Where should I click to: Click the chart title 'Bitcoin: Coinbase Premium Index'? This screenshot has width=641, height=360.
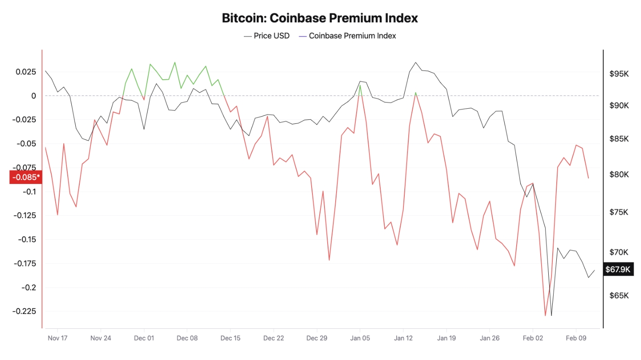pos(320,18)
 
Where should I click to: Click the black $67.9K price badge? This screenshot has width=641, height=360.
pos(618,269)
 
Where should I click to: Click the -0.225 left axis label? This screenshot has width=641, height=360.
pos(26,311)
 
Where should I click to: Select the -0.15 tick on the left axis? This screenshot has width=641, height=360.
pos(28,239)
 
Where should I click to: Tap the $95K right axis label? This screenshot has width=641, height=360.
pos(619,74)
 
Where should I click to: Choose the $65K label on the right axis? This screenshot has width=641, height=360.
pos(619,296)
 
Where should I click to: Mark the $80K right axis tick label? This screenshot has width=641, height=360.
pos(619,174)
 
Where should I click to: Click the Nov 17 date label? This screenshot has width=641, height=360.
pos(57,338)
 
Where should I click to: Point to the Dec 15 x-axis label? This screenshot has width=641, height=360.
pos(230,338)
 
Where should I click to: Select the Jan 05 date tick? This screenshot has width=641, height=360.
pos(360,338)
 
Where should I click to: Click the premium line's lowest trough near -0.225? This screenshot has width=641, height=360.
pos(545,315)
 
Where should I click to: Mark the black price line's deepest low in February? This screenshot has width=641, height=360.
pos(551,315)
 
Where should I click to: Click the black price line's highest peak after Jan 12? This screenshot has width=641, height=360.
pos(415,62)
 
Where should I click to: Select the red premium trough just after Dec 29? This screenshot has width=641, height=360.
pos(329,260)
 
